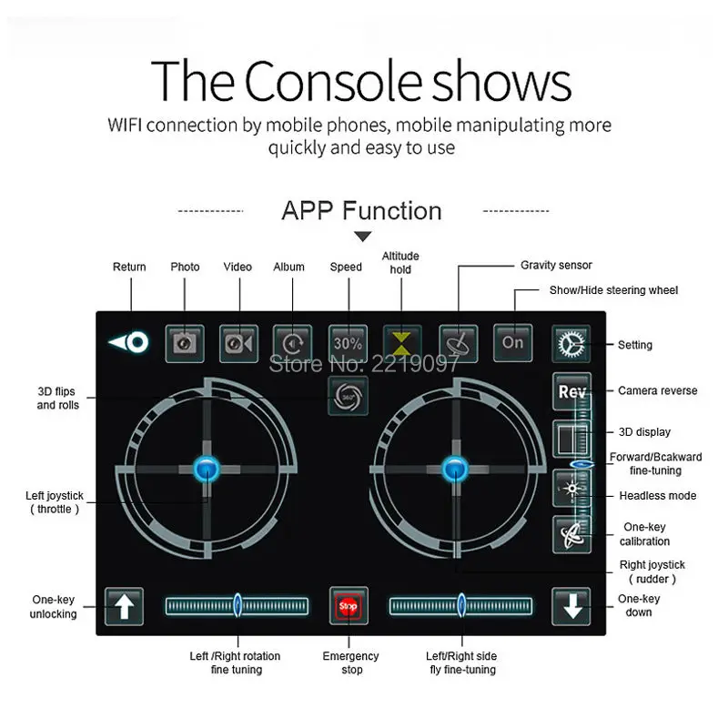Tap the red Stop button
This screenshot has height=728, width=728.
(x=349, y=606)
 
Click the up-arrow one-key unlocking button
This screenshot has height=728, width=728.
(x=124, y=606)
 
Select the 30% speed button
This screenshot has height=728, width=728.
(x=348, y=344)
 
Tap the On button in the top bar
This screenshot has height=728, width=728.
(x=512, y=343)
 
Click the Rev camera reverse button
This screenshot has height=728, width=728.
(x=571, y=391)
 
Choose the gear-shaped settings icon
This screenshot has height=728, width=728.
(x=571, y=344)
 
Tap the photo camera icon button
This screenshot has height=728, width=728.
(x=185, y=344)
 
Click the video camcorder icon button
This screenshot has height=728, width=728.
(x=238, y=344)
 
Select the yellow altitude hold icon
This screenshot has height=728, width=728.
(x=401, y=344)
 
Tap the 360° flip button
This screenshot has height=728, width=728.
(x=349, y=396)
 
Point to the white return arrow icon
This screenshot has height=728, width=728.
(x=128, y=343)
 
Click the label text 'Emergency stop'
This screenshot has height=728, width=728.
(x=351, y=662)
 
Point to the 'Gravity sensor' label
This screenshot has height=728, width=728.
(x=556, y=265)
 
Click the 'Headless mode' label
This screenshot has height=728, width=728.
(x=657, y=495)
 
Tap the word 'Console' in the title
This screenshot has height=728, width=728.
(x=333, y=81)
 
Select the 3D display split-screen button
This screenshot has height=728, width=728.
(x=571, y=439)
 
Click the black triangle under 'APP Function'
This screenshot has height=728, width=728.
(x=362, y=237)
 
